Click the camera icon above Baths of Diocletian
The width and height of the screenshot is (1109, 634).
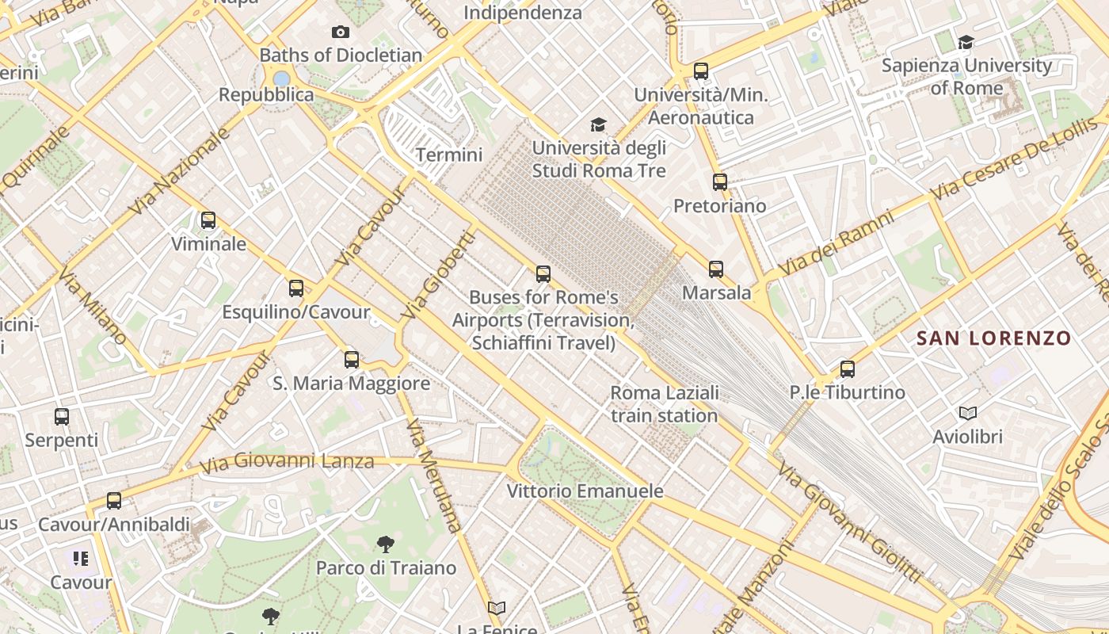pos(341,32)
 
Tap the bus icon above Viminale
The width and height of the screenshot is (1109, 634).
pos(208,220)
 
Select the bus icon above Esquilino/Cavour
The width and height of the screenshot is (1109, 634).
pos(296,288)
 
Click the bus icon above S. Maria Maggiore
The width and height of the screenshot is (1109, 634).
pos(352,360)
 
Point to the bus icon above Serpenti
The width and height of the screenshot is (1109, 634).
pos(62,416)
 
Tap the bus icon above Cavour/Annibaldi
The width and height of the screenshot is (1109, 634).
pos(114,501)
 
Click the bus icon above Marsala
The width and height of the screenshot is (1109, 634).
pos(716,269)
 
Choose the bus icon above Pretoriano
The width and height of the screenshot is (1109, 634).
pos(719,182)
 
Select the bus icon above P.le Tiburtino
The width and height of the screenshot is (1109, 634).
pos(848,369)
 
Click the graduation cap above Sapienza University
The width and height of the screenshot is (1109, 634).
pos(966,42)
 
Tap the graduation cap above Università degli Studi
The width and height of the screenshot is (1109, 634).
pos(598,124)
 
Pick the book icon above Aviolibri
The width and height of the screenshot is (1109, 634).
pos(967,413)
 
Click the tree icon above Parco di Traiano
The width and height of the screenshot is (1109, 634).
pos(386,544)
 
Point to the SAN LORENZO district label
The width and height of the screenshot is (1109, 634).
pos(993,338)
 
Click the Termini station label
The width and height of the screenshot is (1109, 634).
pos(449,155)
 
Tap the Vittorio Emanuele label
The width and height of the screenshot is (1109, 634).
pos(585,491)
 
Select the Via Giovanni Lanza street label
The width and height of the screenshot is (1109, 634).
pos(286,462)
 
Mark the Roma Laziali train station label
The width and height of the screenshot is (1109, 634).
pos(665,404)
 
